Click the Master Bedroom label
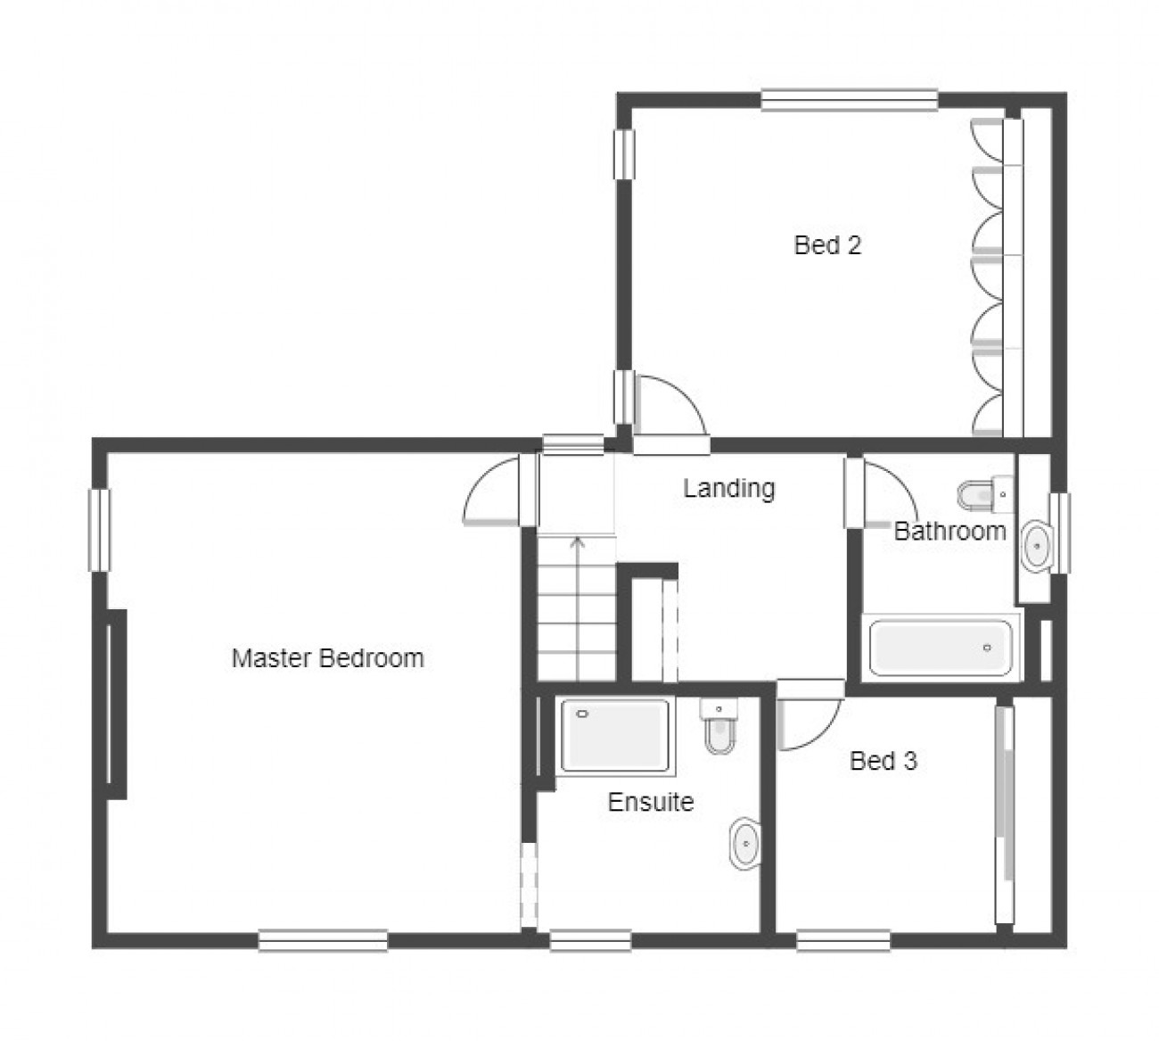tap(327, 658)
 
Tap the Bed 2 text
tap(827, 245)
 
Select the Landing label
tap(729, 488)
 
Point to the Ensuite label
tap(651, 802)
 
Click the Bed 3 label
tap(884, 761)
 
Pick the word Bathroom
tap(949, 531)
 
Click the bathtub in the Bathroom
tap(941, 648)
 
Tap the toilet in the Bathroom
tap(985, 495)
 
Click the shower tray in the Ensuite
tap(615, 735)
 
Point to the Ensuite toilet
tap(719, 725)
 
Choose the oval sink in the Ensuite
tap(745, 845)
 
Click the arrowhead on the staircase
tap(578, 542)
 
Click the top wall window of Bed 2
tap(849, 100)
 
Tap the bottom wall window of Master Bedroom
tap(323, 940)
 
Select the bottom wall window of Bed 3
tap(843, 940)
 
